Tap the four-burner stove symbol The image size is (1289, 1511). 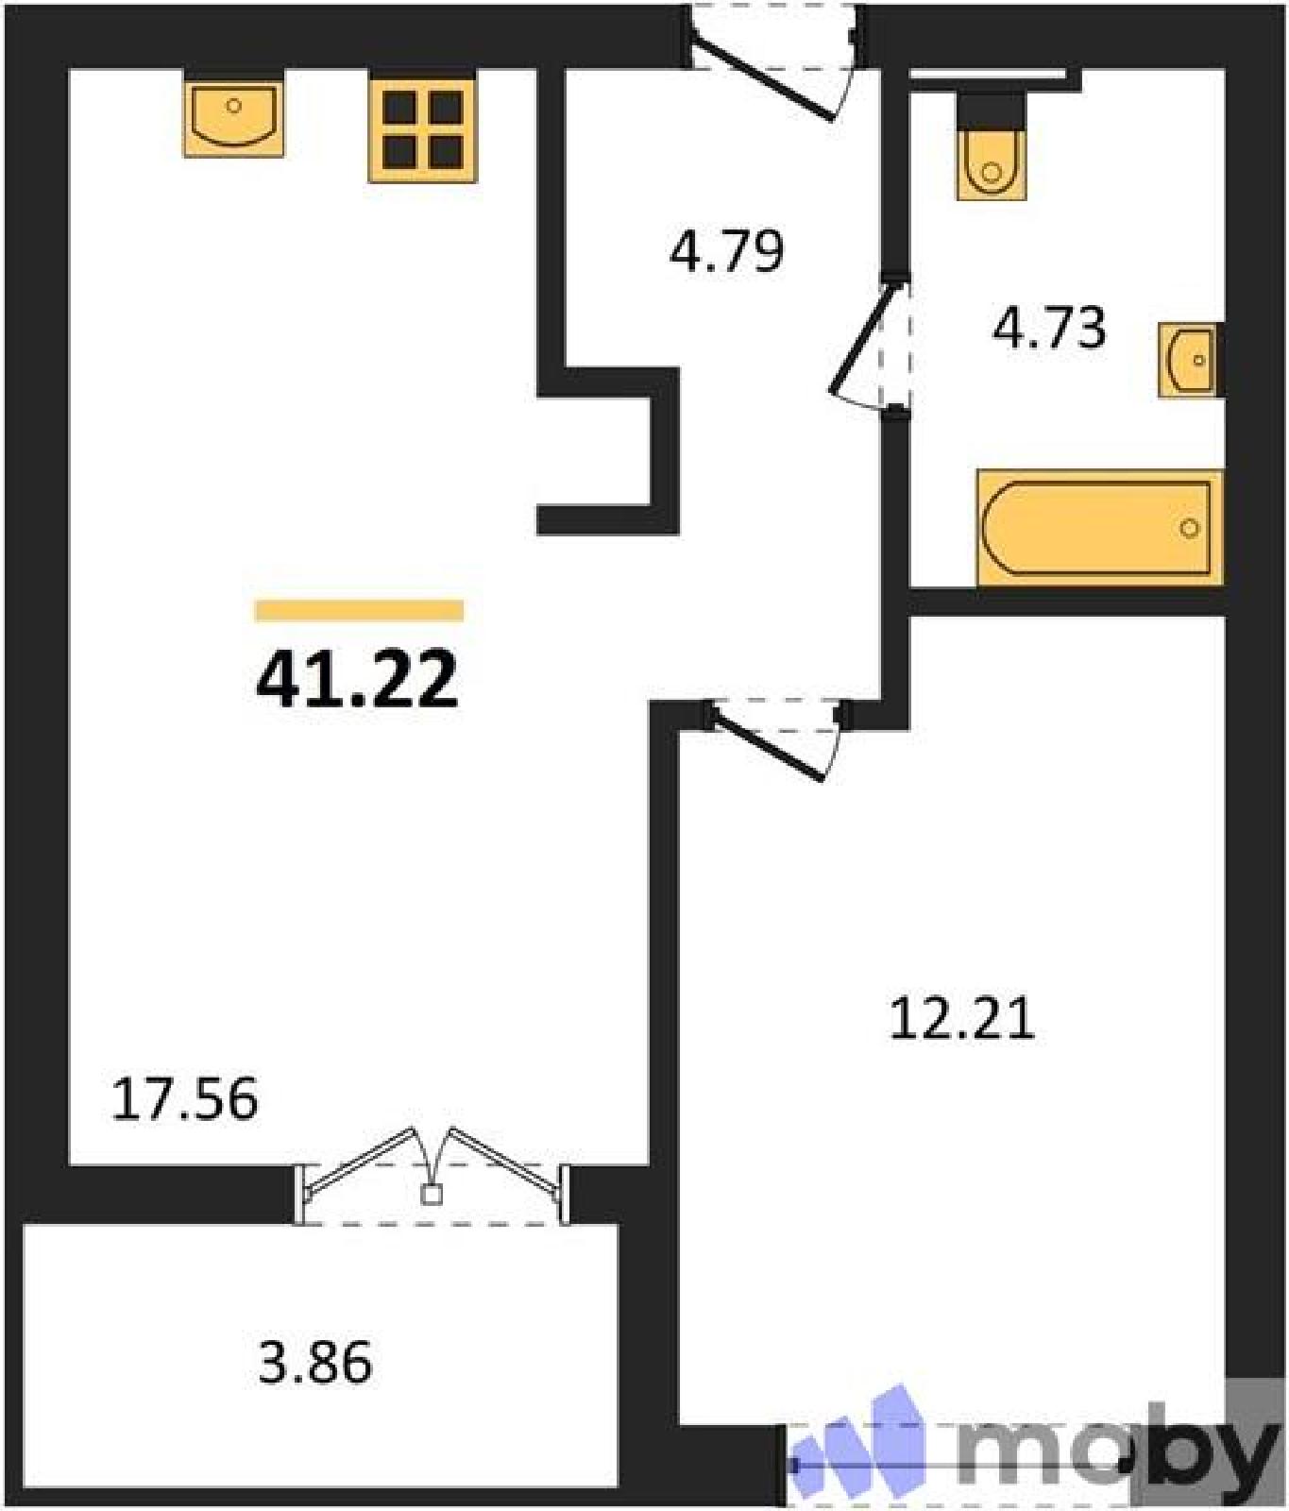tap(423, 130)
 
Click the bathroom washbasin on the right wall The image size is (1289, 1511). tap(1190, 360)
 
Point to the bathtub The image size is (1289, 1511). tap(1100, 527)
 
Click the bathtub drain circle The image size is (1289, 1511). tap(1190, 528)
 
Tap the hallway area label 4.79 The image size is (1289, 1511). tap(726, 251)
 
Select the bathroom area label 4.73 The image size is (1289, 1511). tap(1049, 328)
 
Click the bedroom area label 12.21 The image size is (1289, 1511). tap(962, 1018)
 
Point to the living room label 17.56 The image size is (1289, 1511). tap(184, 1099)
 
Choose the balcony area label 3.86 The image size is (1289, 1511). tap(315, 1363)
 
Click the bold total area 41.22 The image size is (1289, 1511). tap(357, 678)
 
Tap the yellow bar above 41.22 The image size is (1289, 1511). tap(359, 611)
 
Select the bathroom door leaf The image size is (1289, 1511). tap(861, 337)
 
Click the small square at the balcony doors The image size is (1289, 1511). tap(432, 1196)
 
